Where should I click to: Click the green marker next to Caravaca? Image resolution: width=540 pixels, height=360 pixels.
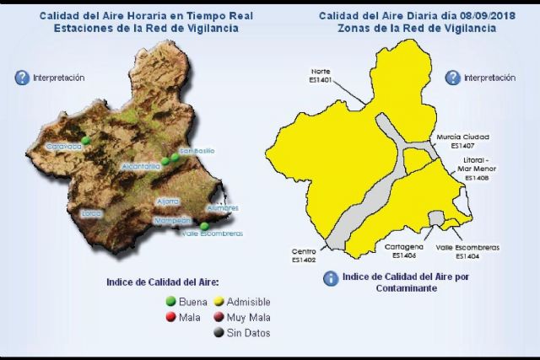(x=86, y=138)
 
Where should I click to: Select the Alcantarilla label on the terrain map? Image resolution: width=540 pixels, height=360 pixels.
(x=141, y=167)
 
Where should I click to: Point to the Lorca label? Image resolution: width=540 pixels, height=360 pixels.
(x=91, y=213)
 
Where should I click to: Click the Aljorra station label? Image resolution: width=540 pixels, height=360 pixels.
(x=168, y=201)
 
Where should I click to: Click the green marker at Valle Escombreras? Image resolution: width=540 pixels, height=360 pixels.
(x=205, y=225)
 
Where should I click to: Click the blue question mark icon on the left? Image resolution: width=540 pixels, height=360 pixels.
(x=23, y=78)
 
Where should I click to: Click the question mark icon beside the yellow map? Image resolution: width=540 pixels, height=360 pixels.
(x=453, y=78)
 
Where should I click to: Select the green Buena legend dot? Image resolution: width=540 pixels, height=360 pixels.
(x=170, y=301)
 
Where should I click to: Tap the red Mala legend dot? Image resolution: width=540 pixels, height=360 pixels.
(x=170, y=317)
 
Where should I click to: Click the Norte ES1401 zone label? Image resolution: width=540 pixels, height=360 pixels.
(x=321, y=75)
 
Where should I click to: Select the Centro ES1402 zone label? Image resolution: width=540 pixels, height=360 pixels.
(x=304, y=255)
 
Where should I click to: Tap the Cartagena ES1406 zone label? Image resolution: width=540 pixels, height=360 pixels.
(x=398, y=250)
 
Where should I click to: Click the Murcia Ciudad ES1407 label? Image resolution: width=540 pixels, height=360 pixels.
(x=463, y=139)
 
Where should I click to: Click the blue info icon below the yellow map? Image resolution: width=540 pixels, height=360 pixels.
(x=332, y=278)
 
